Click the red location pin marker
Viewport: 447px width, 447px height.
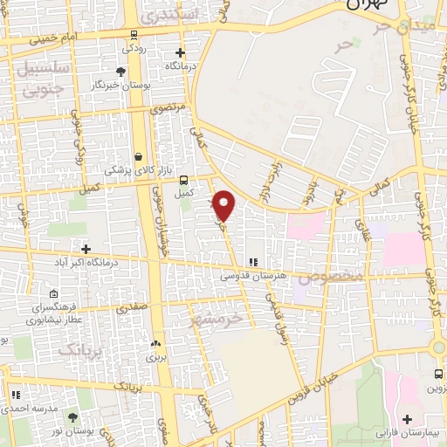click(x=224, y=204)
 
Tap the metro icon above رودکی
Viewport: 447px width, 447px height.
click(x=133, y=36)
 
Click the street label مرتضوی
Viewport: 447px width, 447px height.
click(x=168, y=108)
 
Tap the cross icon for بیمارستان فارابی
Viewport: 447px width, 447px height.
click(x=408, y=420)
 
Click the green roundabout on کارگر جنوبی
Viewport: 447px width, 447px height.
click(x=437, y=347)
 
